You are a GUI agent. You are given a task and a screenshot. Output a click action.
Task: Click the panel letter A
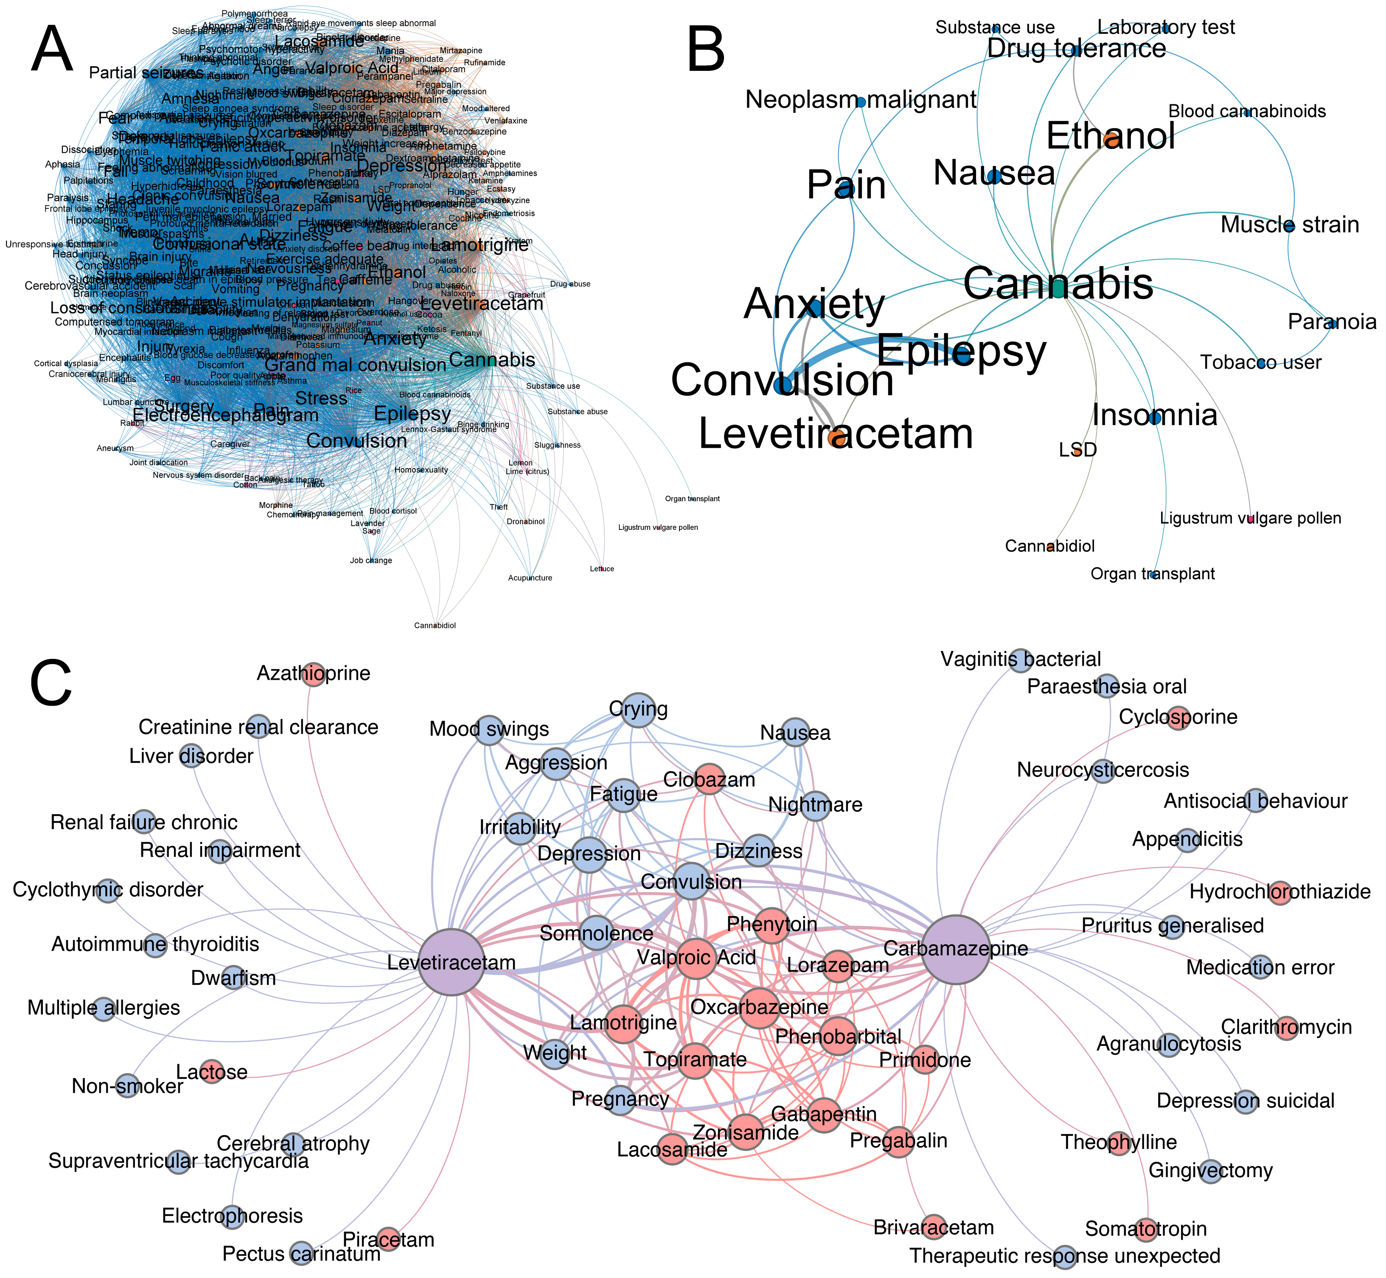click(52, 50)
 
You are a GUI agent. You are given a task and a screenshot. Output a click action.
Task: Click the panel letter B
click(705, 50)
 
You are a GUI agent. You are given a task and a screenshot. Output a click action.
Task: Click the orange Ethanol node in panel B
click(1111, 140)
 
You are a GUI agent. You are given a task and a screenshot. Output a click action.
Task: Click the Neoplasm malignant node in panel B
click(860, 102)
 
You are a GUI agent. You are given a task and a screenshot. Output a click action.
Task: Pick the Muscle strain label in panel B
click(1290, 225)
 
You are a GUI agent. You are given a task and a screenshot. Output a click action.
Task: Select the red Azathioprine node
click(314, 673)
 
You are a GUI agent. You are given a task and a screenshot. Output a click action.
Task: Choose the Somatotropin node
click(1146, 1228)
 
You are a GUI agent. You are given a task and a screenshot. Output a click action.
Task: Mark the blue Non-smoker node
click(127, 1086)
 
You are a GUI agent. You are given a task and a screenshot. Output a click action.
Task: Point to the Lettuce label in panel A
click(602, 569)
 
